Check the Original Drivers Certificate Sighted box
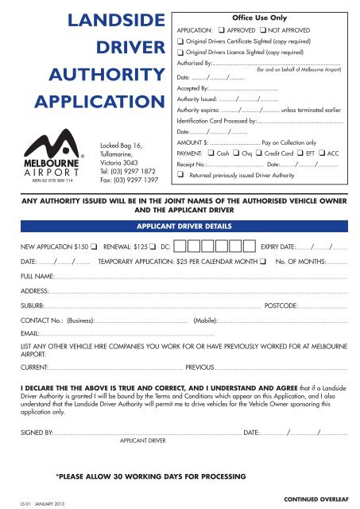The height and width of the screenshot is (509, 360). tap(180, 41)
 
